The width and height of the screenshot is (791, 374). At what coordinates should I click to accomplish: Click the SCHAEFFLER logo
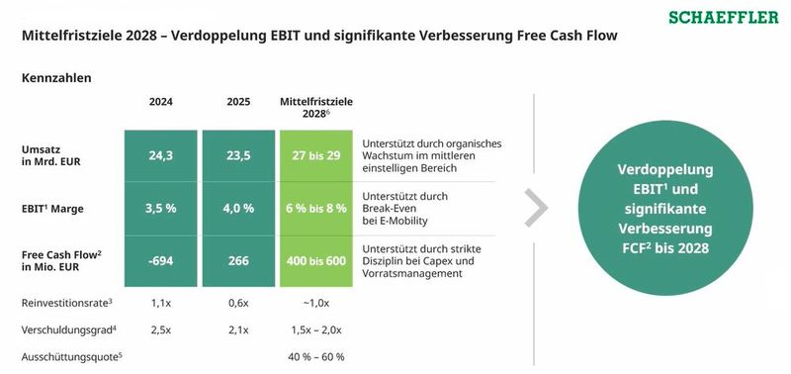723,18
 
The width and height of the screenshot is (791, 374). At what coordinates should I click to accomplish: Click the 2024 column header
161,102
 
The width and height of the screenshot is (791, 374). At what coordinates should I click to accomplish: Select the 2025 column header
237,102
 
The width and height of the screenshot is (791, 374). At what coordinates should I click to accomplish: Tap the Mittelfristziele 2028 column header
316,108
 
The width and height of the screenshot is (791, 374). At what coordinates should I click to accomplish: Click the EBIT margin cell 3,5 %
161,208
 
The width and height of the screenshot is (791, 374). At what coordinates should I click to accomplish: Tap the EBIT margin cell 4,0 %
237,208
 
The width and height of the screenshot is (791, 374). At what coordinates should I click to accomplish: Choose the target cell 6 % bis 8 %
316,208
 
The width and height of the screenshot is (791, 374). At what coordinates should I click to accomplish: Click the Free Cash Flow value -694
161,260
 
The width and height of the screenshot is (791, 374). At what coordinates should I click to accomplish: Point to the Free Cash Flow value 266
237,260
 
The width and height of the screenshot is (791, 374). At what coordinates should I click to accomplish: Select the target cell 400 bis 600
316,260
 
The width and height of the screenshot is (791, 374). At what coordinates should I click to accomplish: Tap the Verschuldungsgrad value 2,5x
161,328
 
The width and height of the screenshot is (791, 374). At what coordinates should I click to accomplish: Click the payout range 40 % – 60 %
316,356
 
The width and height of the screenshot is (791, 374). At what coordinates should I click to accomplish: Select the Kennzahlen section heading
56,77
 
